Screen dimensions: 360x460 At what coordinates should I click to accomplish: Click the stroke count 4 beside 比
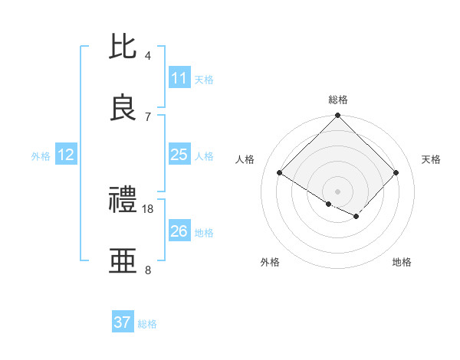(x=148, y=56)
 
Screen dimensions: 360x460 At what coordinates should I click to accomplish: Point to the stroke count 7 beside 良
(x=148, y=116)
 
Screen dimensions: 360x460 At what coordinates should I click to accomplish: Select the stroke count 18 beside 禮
(x=149, y=208)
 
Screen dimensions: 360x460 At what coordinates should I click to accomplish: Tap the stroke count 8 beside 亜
(x=148, y=270)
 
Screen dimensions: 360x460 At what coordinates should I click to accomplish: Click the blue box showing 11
(x=179, y=77)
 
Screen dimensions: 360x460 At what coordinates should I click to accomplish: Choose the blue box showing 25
(x=179, y=155)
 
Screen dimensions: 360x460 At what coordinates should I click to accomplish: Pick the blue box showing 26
(x=179, y=231)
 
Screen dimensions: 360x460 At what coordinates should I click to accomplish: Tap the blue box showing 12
(x=65, y=155)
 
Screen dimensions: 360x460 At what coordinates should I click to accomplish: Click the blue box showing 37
(x=123, y=322)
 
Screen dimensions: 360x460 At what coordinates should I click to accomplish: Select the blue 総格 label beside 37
(x=147, y=324)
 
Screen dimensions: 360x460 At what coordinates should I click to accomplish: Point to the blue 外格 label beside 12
(x=41, y=156)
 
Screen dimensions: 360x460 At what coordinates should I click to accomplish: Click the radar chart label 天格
(x=431, y=159)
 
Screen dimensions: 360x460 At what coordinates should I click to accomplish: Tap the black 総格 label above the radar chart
(x=338, y=100)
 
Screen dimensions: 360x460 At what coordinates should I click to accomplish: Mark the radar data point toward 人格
(x=280, y=173)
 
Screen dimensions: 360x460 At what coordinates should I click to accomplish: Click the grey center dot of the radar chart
(x=338, y=191)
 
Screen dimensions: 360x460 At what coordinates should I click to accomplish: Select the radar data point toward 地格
(x=356, y=217)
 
